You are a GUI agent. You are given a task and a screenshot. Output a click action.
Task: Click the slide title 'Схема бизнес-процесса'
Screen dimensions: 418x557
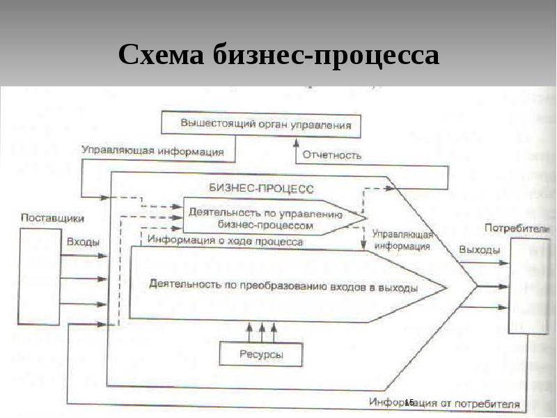coord(278,54)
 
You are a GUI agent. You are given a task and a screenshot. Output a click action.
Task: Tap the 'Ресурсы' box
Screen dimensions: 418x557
coord(261,354)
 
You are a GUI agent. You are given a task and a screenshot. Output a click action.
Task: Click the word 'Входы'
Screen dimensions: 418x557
coord(82,242)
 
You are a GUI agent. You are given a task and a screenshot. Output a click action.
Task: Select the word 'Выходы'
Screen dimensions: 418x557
coord(479,249)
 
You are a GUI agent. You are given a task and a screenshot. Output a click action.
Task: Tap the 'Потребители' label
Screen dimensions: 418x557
coord(519,228)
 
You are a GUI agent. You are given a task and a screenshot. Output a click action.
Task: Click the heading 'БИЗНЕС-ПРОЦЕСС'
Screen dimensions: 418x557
coord(261,189)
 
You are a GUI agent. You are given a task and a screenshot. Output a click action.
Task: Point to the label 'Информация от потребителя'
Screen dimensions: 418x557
coord(446,403)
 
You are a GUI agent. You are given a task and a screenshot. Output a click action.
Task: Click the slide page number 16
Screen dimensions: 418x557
coord(409,402)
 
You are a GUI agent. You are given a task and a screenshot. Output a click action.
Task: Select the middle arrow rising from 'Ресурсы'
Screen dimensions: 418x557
coord(262,330)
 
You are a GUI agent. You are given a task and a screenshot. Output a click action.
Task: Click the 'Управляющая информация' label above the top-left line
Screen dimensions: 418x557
coord(152,150)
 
